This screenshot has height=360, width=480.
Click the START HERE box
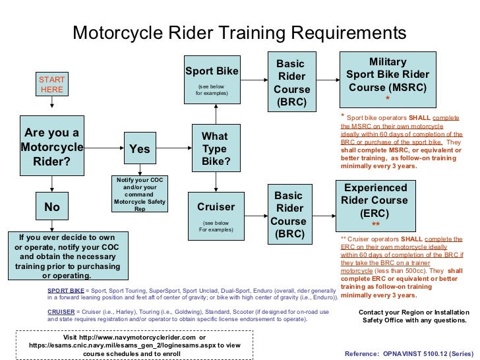(x=51, y=84)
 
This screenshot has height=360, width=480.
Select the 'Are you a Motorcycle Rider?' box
(x=51, y=146)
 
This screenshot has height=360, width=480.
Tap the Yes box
(x=139, y=150)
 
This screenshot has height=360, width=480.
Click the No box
(x=51, y=207)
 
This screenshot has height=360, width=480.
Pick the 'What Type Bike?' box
(x=215, y=149)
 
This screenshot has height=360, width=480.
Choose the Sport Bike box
(x=211, y=80)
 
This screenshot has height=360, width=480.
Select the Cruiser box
(x=216, y=212)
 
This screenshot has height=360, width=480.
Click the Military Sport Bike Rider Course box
(x=387, y=80)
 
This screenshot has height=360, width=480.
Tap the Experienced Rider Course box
(x=375, y=204)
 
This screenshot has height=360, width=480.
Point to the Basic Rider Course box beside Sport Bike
(x=291, y=83)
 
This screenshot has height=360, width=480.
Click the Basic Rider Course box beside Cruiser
(x=288, y=214)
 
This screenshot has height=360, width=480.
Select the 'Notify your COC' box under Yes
(x=139, y=195)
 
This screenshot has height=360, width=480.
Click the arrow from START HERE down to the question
(x=51, y=105)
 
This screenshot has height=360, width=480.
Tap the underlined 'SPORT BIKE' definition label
(x=66, y=290)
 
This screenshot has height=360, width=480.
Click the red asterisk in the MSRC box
(x=388, y=100)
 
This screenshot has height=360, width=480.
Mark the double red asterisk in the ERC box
(x=375, y=224)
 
